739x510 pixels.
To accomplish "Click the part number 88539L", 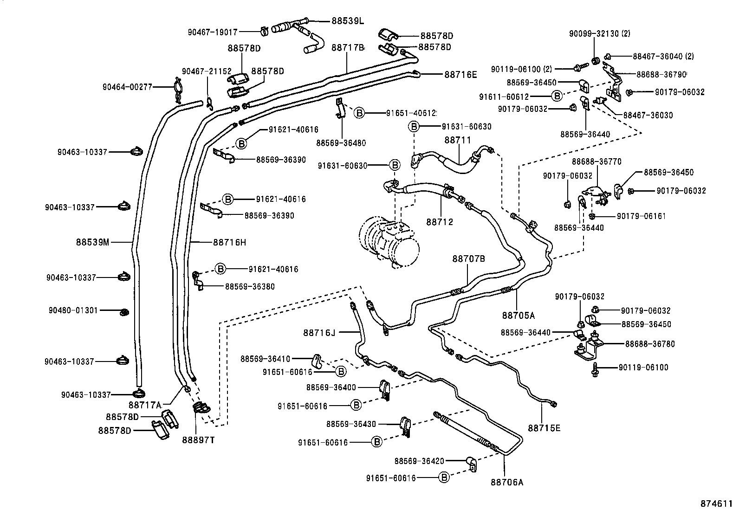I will (348, 21).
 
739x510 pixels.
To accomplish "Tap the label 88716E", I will (460, 74).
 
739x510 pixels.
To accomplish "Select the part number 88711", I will (458, 140).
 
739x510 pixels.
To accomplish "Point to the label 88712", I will (440, 222).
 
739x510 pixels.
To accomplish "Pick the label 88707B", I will (469, 258).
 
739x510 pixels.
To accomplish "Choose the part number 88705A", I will (518, 316).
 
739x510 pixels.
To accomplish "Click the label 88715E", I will (544, 428).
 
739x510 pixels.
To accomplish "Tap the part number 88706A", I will (507, 482).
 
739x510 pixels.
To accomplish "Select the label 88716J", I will (319, 333).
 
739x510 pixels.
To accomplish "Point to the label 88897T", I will (198, 440).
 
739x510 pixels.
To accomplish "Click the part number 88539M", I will (93, 242).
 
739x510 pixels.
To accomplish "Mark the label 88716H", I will (230, 242).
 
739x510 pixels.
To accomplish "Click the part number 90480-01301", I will (73, 310).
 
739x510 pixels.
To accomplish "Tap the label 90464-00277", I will (127, 87).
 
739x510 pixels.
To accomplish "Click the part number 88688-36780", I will (650, 344).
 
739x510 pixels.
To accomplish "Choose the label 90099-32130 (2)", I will (599, 33).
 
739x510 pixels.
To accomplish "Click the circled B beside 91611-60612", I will (556, 97).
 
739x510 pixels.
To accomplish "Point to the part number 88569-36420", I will (420, 461).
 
